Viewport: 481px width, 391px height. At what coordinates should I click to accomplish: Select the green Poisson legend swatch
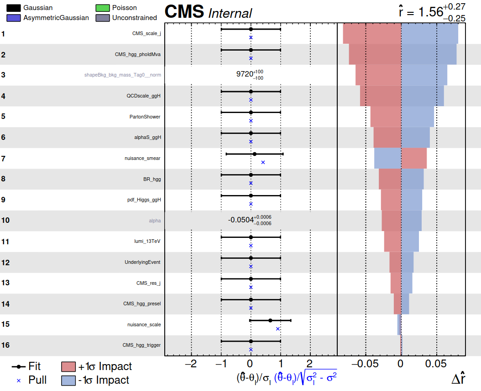tap(103, 8)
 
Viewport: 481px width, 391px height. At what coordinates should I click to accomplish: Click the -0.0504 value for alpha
tap(240, 220)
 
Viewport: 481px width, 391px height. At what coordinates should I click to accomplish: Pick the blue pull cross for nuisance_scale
tap(278, 329)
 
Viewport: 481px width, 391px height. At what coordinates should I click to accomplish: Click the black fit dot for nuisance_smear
tap(255, 154)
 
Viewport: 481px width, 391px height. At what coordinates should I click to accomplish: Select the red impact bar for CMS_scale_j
tap(371, 34)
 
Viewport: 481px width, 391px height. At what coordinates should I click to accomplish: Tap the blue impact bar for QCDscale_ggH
tap(423, 96)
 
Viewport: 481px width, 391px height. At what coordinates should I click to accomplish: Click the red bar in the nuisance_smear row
tap(414, 158)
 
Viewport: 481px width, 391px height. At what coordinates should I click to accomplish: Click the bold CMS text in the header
tap(184, 12)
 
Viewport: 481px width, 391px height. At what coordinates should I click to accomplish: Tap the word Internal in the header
tap(230, 13)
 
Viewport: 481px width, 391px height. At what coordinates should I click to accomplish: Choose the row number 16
tap(5, 345)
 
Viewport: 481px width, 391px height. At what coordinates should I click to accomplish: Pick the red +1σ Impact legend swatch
tap(68, 367)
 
